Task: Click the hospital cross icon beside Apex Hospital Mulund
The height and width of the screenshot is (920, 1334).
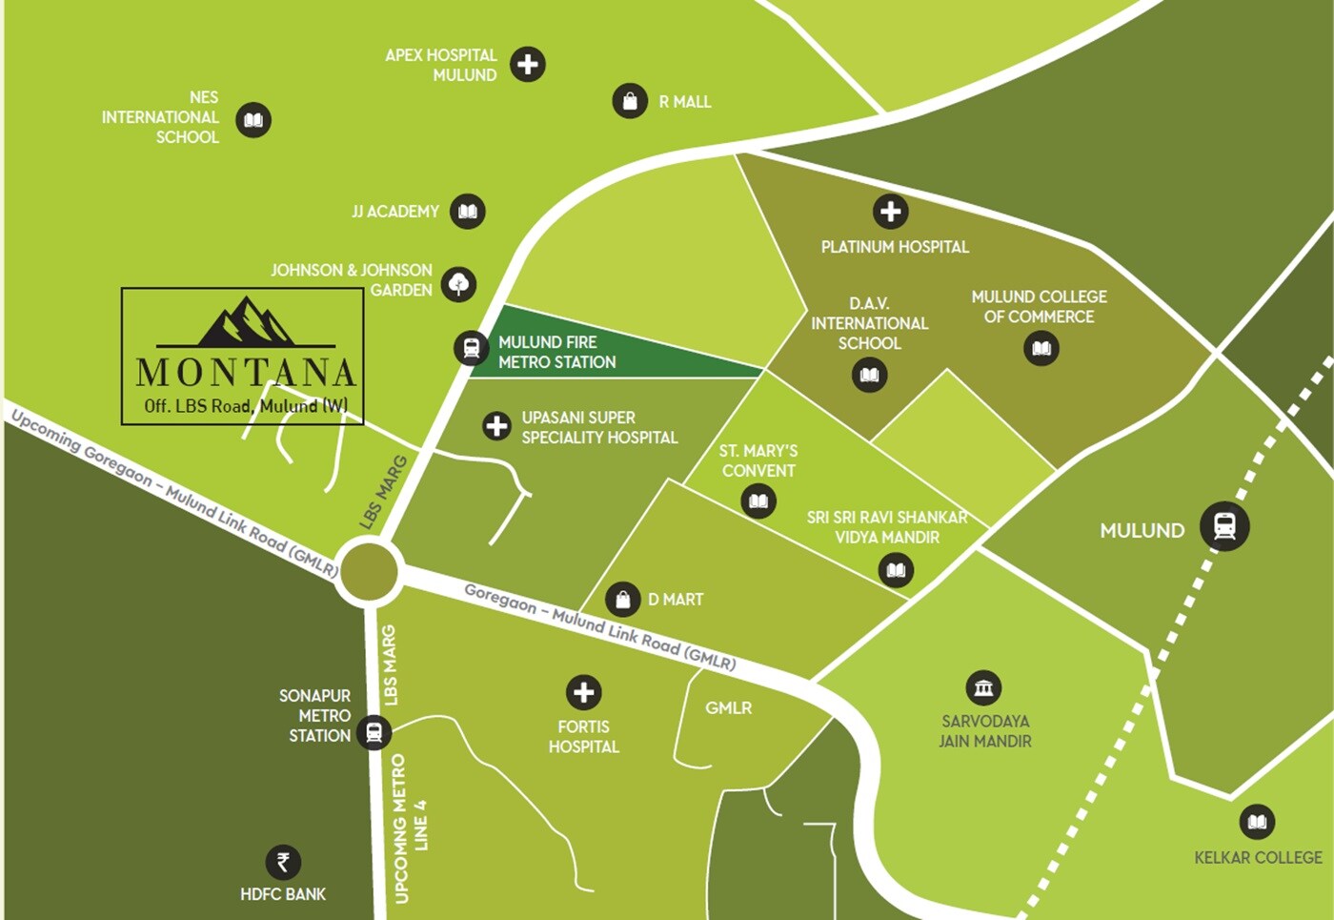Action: (528, 64)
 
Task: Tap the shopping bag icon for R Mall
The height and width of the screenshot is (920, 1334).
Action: (630, 100)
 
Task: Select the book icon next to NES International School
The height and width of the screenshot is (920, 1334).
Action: (253, 120)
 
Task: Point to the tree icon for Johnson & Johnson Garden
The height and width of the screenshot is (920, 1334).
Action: (459, 283)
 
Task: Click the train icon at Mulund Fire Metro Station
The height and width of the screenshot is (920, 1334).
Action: (471, 348)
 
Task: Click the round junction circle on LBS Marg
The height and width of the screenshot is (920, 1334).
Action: (369, 571)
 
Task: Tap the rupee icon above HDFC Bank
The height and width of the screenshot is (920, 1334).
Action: (283, 862)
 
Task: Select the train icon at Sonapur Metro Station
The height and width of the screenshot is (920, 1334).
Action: (374, 732)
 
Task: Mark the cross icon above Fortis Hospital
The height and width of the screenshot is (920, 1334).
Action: (584, 692)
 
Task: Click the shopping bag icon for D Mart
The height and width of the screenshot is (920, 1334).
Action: (622, 600)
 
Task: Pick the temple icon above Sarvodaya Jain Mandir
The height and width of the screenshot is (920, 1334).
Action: (983, 687)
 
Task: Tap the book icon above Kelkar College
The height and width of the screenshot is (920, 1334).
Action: (1257, 822)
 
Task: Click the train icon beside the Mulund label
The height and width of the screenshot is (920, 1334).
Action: (1224, 526)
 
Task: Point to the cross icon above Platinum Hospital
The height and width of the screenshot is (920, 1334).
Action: (891, 211)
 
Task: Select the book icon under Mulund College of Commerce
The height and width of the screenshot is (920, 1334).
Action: (1041, 348)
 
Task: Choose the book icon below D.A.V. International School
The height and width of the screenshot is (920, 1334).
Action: (869, 375)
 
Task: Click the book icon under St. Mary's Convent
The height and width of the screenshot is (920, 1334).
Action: (758, 501)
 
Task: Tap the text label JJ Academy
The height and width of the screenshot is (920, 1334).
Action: (395, 212)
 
